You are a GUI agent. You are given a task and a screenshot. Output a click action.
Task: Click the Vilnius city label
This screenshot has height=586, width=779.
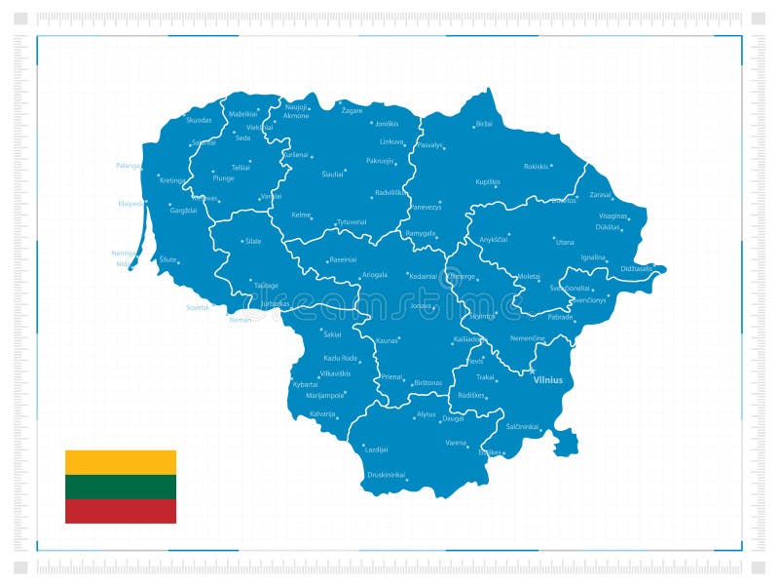(548, 380)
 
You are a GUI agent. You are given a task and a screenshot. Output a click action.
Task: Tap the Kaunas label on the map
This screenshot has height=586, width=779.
(388, 340)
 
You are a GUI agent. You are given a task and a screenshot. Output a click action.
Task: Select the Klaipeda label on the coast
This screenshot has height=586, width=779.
(130, 204)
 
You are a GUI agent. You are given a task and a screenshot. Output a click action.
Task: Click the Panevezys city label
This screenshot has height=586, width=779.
(425, 207)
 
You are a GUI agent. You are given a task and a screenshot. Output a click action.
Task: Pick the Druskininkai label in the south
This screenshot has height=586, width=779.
(386, 475)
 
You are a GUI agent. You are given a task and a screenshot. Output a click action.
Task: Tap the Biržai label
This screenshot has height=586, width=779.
(484, 125)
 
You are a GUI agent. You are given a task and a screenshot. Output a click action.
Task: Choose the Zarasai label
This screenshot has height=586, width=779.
(601, 194)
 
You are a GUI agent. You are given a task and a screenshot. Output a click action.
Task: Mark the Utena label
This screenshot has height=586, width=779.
(565, 241)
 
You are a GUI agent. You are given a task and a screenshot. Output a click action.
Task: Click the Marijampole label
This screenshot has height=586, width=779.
(326, 396)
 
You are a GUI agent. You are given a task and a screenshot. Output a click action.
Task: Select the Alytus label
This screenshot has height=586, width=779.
(427, 414)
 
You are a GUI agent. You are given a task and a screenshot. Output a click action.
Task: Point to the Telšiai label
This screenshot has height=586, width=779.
(241, 168)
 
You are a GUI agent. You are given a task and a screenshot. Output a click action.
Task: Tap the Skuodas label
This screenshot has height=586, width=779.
(199, 120)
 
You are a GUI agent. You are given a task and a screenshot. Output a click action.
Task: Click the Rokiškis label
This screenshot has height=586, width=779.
(537, 167)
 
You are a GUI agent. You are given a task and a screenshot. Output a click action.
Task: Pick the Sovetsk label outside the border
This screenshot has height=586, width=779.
(198, 307)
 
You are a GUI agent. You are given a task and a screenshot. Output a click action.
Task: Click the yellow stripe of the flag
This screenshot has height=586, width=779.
(121, 462)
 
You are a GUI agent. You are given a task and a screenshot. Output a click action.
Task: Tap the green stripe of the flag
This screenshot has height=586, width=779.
(121, 487)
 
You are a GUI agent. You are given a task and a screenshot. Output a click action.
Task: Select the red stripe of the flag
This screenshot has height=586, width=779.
(121, 511)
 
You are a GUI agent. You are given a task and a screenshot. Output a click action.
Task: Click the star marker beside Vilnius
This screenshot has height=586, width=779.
(534, 371)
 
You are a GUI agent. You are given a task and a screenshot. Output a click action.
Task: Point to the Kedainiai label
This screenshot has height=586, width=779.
(423, 276)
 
